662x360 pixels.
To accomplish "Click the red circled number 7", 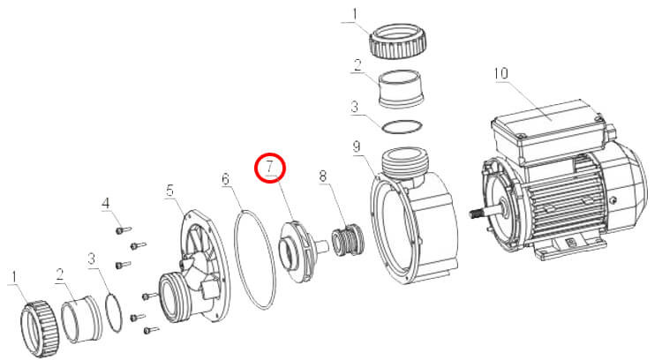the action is coord(270,168).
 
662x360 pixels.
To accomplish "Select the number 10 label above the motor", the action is coord(500,73).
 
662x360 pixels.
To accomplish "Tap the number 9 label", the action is coord(357,146).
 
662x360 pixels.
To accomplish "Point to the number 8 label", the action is coord(322,176).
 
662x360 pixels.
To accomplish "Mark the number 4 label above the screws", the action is coord(106,204).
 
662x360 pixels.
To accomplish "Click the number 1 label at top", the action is coord(354,14).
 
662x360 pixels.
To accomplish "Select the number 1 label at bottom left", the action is coord(14,277).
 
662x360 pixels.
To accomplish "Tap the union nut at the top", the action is coord(397,41).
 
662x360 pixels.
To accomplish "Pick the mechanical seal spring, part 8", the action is coord(347,241).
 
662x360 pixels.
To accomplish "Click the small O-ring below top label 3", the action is coord(401,127).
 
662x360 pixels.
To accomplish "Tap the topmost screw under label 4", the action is coord(123,230).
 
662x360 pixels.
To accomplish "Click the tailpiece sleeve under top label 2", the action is coord(400,89).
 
